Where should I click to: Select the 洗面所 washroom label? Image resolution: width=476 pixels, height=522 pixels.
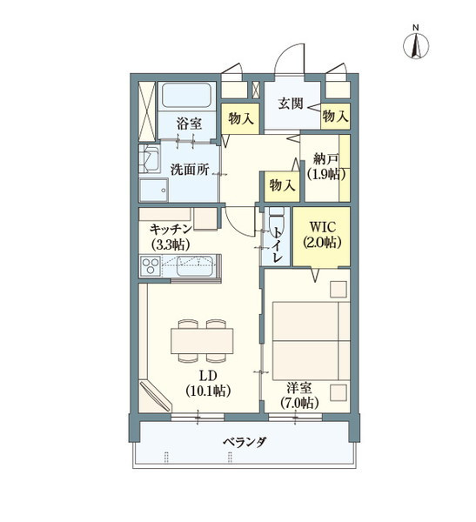point(189,170)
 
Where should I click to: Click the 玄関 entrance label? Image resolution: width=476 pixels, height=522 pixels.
point(291,104)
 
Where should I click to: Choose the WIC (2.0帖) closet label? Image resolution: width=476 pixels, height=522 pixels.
point(321,236)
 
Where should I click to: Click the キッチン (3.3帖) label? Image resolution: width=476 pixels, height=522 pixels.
point(171,236)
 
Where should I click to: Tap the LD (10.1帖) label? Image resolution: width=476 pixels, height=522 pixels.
point(207,383)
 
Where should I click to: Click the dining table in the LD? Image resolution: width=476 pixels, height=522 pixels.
point(203,338)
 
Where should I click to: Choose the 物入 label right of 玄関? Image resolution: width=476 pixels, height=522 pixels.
point(335,115)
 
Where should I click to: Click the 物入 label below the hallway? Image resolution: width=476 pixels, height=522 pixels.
point(280,185)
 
